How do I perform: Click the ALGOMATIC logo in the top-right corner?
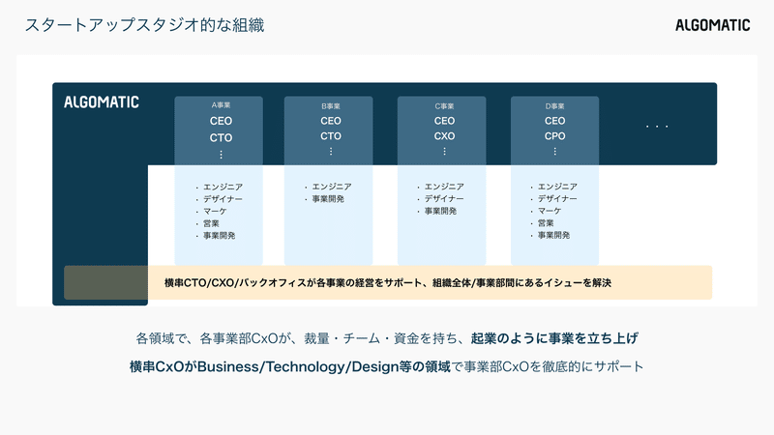pyautogui.click(x=712, y=25)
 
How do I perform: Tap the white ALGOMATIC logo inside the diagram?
pyautogui.click(x=102, y=101)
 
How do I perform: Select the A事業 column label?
pyautogui.click(x=222, y=104)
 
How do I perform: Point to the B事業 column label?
pyautogui.click(x=331, y=104)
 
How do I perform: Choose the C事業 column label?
pyautogui.click(x=444, y=104)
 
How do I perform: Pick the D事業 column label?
pyautogui.click(x=554, y=104)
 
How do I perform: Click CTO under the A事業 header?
pyautogui.click(x=222, y=137)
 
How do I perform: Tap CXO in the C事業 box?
pyautogui.click(x=444, y=136)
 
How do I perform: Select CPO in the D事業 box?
pyautogui.click(x=554, y=136)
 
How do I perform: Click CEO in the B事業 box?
pyautogui.click(x=331, y=121)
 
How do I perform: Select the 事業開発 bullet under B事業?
pyautogui.click(x=328, y=199)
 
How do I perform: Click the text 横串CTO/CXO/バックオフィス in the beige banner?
pyautogui.click(x=237, y=282)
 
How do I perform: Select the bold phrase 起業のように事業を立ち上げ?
pyautogui.click(x=554, y=339)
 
